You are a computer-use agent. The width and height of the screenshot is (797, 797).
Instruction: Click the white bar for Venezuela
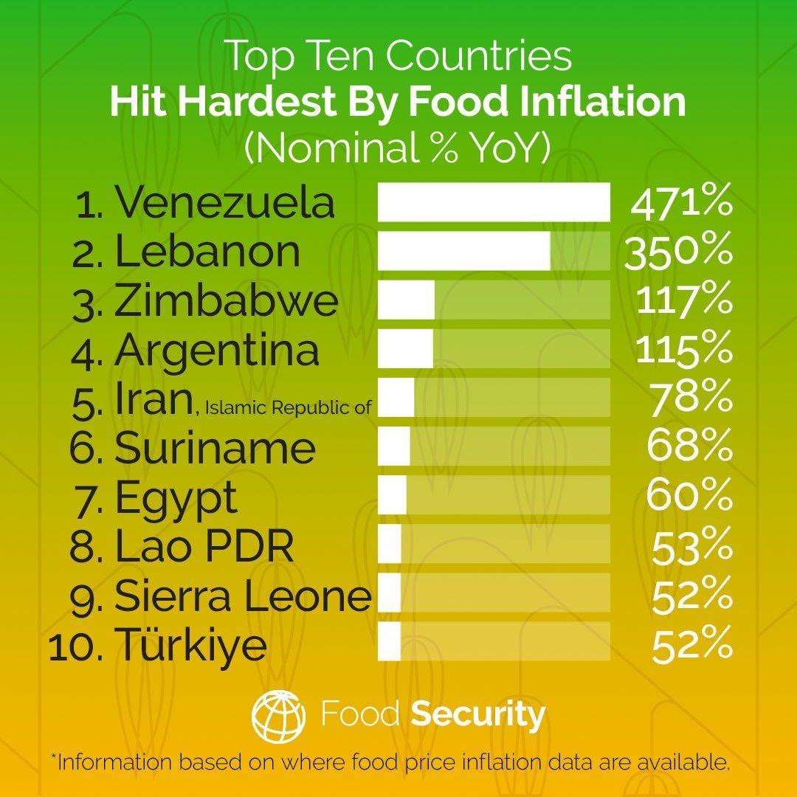[494, 202]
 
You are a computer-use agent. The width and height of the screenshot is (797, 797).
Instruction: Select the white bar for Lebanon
[464, 251]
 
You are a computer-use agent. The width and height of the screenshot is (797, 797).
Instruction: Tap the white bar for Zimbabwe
[406, 300]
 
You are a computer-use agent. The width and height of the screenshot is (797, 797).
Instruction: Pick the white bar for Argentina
[405, 348]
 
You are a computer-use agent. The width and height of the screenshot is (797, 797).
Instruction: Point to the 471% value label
[681, 202]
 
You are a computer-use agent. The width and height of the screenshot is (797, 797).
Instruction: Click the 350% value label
[678, 251]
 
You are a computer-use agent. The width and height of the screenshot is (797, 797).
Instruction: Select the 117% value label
[683, 300]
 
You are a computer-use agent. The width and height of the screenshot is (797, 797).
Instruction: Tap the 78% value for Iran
[691, 398]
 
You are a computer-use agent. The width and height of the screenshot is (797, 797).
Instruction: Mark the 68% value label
[689, 446]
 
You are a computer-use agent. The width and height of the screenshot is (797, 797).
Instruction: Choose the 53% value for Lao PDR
[691, 545]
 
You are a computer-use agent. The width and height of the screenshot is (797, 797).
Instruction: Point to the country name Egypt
[176, 497]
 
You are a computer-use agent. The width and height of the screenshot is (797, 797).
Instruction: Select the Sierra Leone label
[243, 596]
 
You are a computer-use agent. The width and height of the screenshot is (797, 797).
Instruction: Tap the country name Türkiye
[190, 644]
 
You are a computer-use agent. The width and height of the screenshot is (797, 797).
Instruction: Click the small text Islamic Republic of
[286, 406]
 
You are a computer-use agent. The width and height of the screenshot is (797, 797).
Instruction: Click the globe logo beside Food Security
[278, 714]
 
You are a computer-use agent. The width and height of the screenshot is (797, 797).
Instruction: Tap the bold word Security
[478, 714]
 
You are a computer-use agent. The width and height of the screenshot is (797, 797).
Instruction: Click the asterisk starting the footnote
[54, 758]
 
